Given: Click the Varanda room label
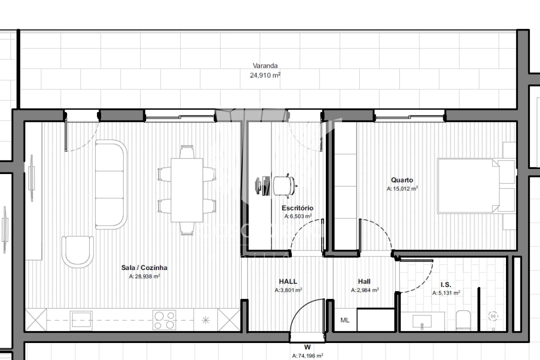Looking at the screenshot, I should click(x=265, y=65).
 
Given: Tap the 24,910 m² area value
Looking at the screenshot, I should click(x=265, y=75).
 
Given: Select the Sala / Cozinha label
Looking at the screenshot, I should click(x=144, y=267).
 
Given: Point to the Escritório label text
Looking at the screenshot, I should click(x=297, y=207).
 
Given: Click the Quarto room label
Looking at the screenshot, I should click(x=402, y=180).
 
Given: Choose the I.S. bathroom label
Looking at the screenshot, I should click(x=446, y=284).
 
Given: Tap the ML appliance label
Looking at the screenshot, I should click(x=345, y=320).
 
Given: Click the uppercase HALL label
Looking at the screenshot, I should click(x=288, y=281).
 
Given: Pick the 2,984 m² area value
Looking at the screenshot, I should click(x=365, y=290).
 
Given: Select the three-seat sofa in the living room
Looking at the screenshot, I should click(x=111, y=184).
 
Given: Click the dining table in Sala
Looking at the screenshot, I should click(x=187, y=190).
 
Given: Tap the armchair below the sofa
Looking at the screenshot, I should click(x=78, y=251).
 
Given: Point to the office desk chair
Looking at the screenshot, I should click(x=283, y=186).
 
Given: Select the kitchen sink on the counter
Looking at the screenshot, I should click(x=81, y=319).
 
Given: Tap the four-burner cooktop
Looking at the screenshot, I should click(x=165, y=320).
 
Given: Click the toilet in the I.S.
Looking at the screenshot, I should click(x=463, y=320).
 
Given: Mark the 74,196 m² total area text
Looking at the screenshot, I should click(x=307, y=355).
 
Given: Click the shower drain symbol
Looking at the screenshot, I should click(x=493, y=316).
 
